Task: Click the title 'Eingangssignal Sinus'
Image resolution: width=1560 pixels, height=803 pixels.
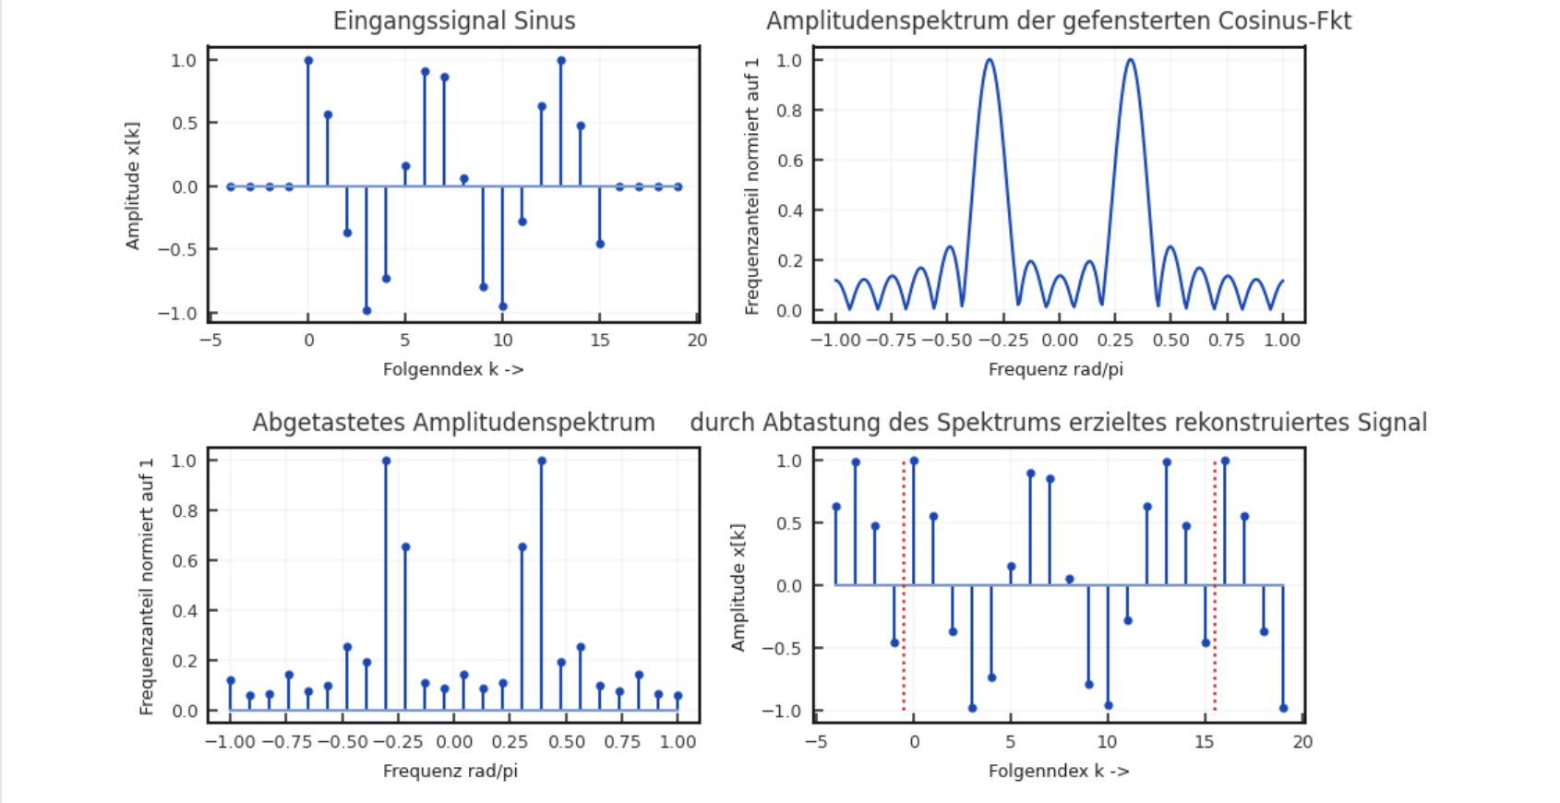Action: [454, 21]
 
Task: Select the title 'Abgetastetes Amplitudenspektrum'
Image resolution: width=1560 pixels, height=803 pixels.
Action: [453, 423]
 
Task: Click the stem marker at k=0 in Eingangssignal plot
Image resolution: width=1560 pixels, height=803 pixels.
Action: [308, 61]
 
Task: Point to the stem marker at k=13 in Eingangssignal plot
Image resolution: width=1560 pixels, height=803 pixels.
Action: [561, 61]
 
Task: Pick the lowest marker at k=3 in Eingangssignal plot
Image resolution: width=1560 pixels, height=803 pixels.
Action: [366, 311]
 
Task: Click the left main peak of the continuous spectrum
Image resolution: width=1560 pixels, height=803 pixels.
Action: [989, 60]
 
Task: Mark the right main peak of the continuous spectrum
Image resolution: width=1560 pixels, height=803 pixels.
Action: [1130, 60]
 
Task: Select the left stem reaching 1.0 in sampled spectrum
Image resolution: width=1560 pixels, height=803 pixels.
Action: [386, 461]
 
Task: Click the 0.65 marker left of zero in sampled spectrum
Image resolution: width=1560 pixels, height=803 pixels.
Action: [405, 547]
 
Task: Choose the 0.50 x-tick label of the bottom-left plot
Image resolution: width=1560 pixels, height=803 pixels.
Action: [567, 742]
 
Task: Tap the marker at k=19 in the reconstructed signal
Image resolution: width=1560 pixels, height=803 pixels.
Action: [1283, 709]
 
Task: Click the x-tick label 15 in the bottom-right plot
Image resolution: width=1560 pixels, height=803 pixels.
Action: [1205, 742]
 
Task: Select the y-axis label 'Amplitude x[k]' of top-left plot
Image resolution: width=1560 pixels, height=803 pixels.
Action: [133, 186]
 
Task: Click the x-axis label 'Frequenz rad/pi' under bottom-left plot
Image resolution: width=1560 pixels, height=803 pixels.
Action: [450, 771]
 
